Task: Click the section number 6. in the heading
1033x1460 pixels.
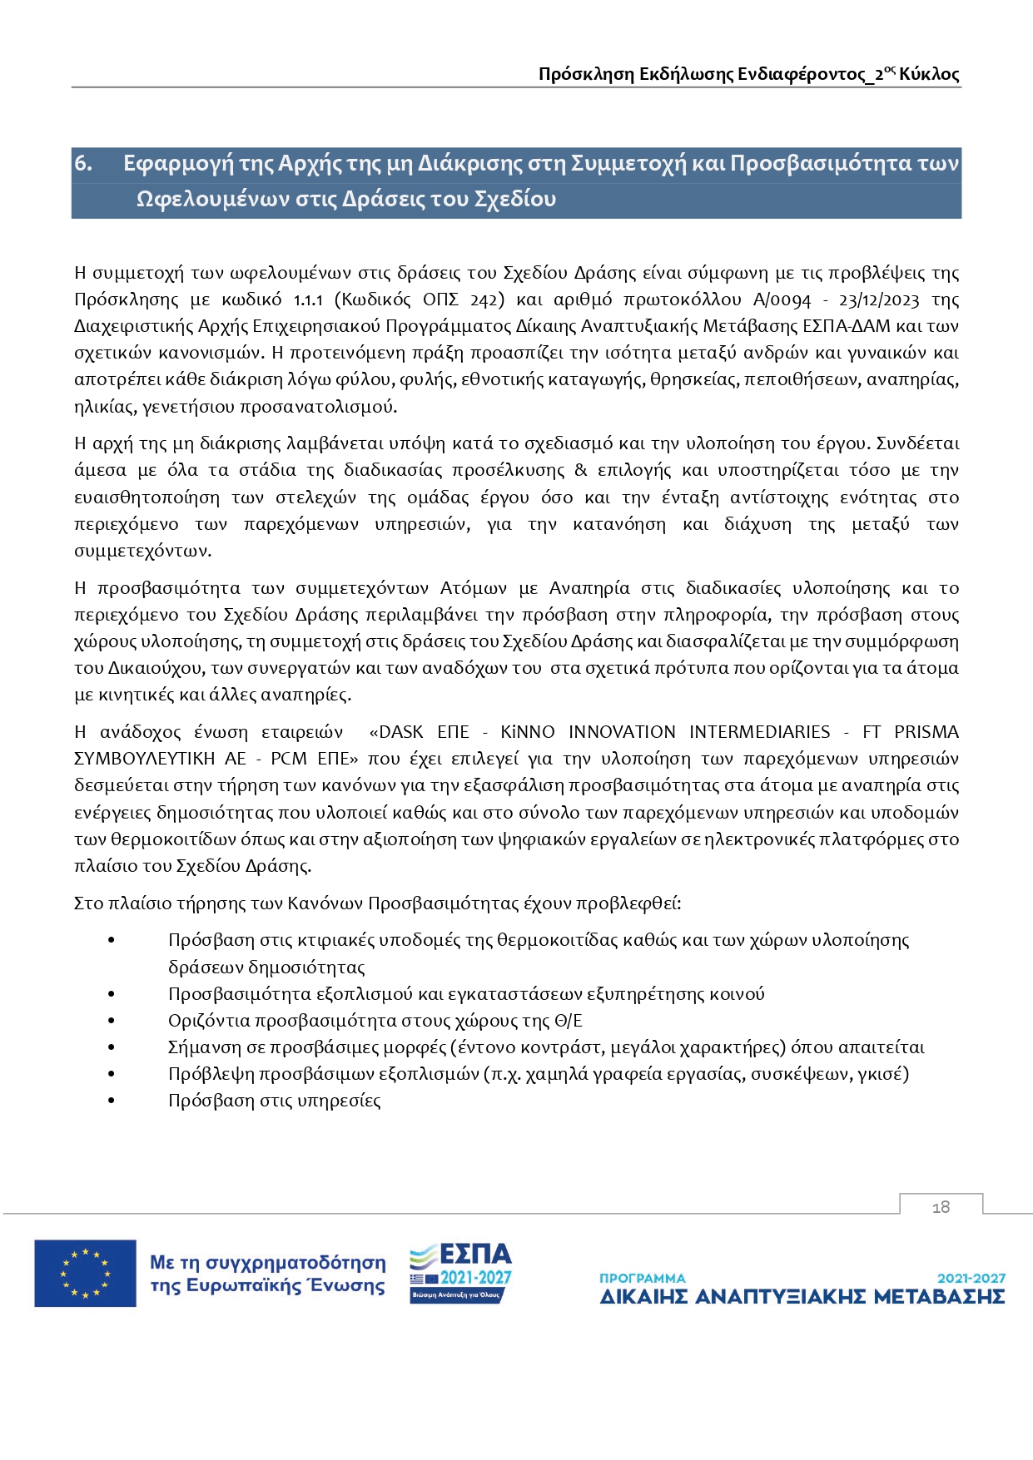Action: click(x=83, y=163)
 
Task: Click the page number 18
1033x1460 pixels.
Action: click(x=941, y=1207)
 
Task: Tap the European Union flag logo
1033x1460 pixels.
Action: click(x=85, y=1273)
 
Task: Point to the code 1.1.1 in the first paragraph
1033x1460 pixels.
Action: click(x=308, y=299)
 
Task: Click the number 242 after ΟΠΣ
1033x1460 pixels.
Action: click(x=485, y=299)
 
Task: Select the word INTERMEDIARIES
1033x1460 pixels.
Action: click(x=759, y=732)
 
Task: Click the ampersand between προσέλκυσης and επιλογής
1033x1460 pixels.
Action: click(x=581, y=471)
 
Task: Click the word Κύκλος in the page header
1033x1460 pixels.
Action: click(x=929, y=74)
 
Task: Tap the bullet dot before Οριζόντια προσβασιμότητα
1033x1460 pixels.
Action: click(x=111, y=1021)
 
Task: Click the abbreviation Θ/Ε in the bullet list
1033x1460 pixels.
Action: click(x=569, y=1021)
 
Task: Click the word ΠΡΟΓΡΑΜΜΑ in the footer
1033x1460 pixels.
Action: click(x=643, y=1278)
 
